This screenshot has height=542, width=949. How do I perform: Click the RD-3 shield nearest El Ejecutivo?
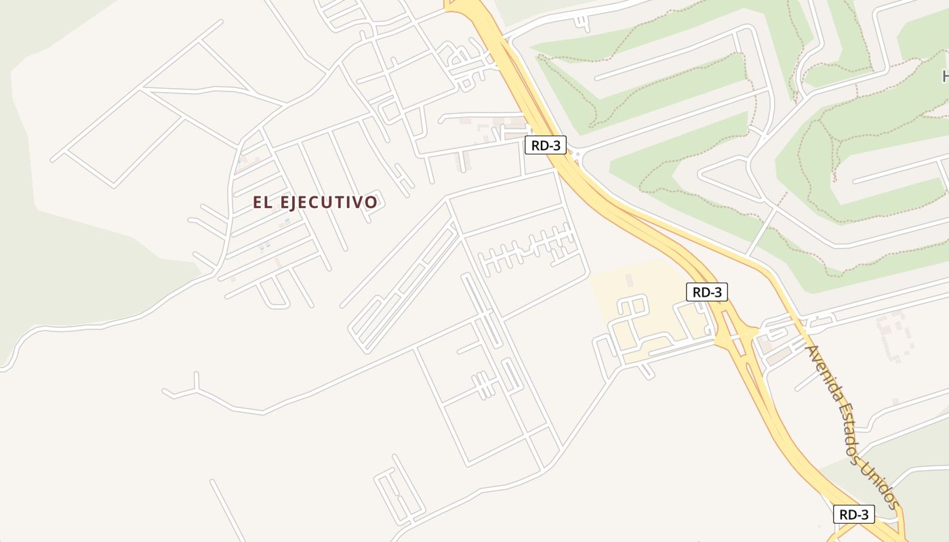545,144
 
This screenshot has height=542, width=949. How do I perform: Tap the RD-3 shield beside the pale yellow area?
707,292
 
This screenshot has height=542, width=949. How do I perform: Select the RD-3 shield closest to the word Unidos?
853,514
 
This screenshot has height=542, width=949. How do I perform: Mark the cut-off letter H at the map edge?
945,75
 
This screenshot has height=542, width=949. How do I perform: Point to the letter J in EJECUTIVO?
300,202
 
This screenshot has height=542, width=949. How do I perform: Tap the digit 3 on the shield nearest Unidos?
864,514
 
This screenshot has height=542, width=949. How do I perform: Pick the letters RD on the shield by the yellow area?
700,292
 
